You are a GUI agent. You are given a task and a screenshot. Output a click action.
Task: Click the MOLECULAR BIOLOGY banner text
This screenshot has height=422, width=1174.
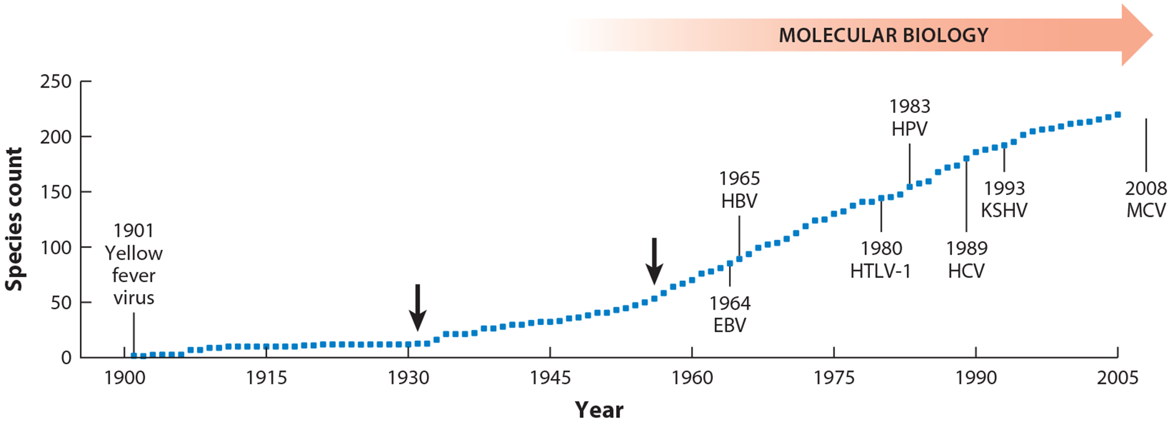[x=883, y=35]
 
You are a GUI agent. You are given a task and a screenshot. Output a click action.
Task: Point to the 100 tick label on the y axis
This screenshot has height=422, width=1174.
[x=56, y=247]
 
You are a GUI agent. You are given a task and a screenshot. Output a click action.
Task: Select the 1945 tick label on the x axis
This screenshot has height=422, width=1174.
[x=550, y=378]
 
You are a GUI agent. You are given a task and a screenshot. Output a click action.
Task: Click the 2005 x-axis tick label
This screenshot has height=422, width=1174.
[x=1118, y=378]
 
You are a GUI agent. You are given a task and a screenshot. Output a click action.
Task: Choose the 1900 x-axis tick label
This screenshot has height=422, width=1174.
[x=125, y=378]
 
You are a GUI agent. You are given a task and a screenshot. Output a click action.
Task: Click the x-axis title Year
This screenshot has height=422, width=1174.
[x=599, y=410]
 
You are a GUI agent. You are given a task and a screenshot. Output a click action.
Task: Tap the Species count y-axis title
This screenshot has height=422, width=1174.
[x=13, y=219]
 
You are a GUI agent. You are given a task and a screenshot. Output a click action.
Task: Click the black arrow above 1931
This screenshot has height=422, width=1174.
[x=418, y=307]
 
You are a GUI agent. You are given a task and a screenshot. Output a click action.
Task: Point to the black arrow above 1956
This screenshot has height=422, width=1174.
[x=655, y=261]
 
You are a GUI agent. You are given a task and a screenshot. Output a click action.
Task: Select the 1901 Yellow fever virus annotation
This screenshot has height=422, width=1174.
[x=134, y=264]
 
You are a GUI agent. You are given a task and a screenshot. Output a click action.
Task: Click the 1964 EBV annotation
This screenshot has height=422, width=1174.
[x=730, y=314]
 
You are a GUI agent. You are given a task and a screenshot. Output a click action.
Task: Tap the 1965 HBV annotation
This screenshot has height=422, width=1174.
[x=739, y=189]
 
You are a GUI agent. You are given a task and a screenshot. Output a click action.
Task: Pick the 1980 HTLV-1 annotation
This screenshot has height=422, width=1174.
[x=880, y=259]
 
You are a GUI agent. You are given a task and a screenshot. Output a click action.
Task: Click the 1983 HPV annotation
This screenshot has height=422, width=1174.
[x=910, y=117]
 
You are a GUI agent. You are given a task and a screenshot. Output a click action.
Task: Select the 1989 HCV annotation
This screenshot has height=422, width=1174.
[x=966, y=259]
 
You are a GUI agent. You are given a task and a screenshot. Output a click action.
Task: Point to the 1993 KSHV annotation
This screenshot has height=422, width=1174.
[x=1004, y=199]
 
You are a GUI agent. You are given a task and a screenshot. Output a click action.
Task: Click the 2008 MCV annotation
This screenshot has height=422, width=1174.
[x=1146, y=199]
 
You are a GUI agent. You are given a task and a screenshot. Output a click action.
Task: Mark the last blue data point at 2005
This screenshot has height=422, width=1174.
[x=1118, y=115]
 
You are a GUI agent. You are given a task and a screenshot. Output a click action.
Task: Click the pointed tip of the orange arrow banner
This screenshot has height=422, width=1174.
[x=1153, y=35]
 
